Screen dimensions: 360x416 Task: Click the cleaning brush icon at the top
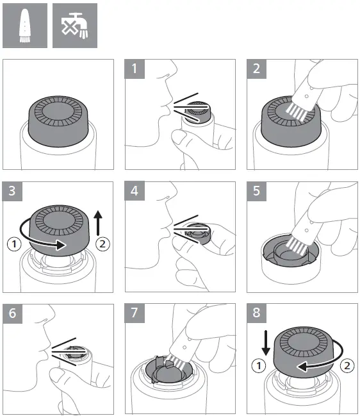tap(25, 26)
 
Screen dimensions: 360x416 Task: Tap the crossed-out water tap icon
tap(75, 26)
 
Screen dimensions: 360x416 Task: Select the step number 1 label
tap(135, 69)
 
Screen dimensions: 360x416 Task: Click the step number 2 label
tap(256, 69)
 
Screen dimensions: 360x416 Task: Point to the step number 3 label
tap(12, 191)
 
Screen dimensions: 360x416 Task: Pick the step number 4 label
tap(135, 191)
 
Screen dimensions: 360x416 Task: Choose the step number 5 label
tap(256, 191)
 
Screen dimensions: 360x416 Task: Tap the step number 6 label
tap(12, 313)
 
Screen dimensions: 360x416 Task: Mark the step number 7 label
tap(135, 313)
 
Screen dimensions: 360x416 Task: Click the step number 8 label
tap(256, 313)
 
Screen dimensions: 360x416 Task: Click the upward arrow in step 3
tap(98, 223)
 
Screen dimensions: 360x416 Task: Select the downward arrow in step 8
tap(266, 343)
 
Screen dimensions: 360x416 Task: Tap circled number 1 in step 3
tap(14, 244)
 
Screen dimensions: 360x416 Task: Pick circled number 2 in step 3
tap(102, 244)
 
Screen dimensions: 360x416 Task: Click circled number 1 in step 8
tap(258, 366)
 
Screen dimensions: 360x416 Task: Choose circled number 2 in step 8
tap(347, 366)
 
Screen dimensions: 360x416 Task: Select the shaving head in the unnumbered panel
tap(58, 121)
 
